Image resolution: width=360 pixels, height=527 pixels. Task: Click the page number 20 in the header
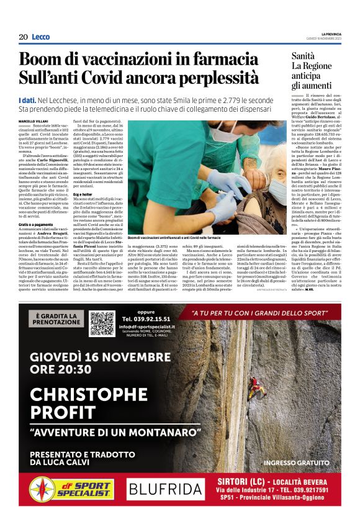click(23, 37)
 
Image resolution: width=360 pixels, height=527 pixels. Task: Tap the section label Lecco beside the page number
click(40, 37)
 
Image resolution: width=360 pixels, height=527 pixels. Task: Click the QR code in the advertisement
click(102, 323)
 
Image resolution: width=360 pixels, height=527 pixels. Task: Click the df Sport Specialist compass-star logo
click(42, 489)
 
